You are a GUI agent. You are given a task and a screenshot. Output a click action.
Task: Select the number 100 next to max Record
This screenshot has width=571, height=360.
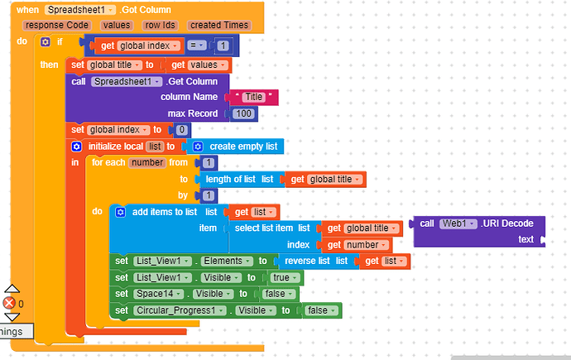coord(242,113)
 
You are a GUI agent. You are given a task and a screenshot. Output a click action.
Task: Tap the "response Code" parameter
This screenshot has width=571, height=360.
coord(57,25)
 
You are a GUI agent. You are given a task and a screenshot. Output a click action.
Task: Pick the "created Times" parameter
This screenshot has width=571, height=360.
coord(218,25)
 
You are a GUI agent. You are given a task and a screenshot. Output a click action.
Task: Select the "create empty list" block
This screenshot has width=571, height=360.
coord(240,146)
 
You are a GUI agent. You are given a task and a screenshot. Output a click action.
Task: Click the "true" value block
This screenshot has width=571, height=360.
coord(280,278)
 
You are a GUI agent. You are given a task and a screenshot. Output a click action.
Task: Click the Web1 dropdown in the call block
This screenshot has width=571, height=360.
coord(454,223)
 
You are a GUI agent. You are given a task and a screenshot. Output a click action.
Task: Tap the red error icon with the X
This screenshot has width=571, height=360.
coord(10,304)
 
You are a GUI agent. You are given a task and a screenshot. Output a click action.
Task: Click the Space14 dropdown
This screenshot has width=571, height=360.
coord(164,294)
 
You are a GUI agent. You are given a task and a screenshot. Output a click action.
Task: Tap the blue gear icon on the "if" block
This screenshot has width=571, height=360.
coord(46,41)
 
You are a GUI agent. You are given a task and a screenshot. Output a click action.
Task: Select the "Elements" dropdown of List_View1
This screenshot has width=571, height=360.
coord(226,261)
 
